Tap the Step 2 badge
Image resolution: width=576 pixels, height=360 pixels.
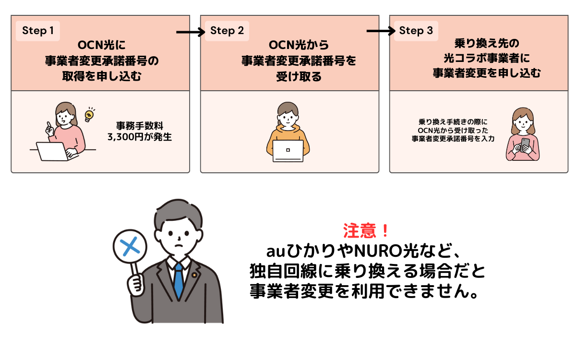point(227,31)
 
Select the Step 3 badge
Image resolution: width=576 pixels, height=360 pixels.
point(416,31)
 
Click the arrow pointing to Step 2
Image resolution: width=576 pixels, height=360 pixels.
point(191,33)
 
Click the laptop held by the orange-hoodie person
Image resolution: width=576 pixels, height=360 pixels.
point(288,150)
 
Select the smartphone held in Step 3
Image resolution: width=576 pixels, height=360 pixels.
point(525,144)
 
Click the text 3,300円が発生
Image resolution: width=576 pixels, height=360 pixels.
point(140,137)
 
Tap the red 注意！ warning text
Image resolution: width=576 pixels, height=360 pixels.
point(367,231)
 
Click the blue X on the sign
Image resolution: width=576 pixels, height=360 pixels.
point(129,246)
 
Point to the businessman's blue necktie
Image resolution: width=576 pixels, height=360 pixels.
point(179,283)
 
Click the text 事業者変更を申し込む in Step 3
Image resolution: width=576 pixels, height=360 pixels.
point(487,73)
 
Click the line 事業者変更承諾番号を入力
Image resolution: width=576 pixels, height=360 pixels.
point(453,139)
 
